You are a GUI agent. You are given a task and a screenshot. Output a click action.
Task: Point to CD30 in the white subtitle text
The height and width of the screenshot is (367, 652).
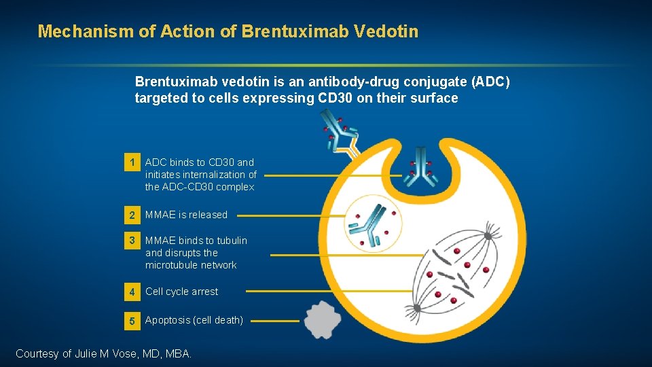coord(338,98)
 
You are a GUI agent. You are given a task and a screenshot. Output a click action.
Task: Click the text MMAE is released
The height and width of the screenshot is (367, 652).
coord(186,215)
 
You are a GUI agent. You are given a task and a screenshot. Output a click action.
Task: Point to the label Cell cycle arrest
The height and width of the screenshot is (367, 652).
coord(181,292)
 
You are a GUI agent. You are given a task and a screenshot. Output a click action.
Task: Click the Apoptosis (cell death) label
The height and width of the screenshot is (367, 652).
coord(194,320)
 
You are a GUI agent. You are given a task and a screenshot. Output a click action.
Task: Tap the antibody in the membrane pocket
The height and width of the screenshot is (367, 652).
coord(420,167)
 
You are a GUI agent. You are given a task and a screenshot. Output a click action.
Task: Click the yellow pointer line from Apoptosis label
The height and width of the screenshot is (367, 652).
coord(278,321)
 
